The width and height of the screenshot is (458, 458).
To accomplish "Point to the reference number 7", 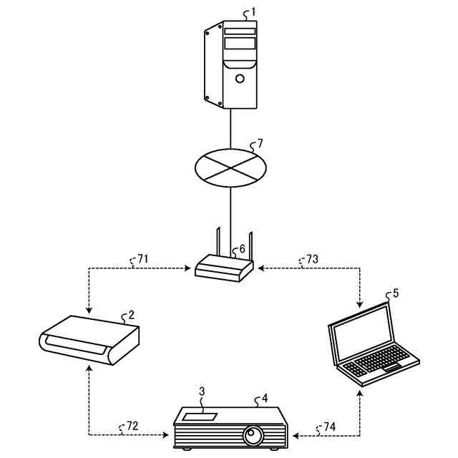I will tap(259, 146).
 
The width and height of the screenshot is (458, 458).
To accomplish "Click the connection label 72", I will tap(131, 427).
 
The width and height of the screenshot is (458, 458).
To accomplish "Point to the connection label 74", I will tap(328, 427).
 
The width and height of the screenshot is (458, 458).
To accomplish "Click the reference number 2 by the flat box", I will tap(131, 314).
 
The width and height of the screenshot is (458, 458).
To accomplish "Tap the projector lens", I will tap(253, 434).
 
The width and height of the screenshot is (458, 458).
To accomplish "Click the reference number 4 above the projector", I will tap(265, 399).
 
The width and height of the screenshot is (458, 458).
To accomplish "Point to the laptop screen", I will tap(361, 333).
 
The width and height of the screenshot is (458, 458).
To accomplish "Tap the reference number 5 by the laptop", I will tap(396, 293).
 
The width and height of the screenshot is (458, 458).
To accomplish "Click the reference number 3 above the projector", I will tap(202, 391).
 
